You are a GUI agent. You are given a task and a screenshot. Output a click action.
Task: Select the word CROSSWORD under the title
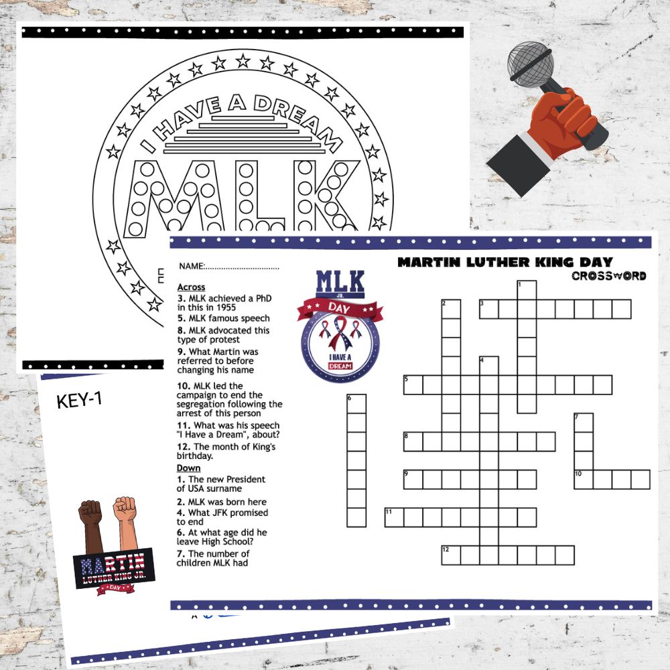coord(609,275)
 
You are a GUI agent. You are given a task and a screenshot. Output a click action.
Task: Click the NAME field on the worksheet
coord(228,266)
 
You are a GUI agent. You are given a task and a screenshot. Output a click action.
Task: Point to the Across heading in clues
coord(191,287)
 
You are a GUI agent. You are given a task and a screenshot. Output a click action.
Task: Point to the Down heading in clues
coord(188,468)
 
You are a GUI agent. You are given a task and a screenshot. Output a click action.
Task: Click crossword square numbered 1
coord(527,289)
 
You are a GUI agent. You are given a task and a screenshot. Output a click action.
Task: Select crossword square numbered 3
coord(488,308)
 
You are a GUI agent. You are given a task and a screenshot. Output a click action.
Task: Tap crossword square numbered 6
coord(356,403)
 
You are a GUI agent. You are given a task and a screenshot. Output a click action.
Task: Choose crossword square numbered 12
coord(450,555)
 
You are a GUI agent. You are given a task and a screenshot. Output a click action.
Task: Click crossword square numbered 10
coord(584,479)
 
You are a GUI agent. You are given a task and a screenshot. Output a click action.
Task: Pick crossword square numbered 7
coord(584,423)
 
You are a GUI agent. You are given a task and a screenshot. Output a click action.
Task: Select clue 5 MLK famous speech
coord(223,318)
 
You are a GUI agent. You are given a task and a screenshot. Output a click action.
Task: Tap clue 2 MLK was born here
coord(221,502)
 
